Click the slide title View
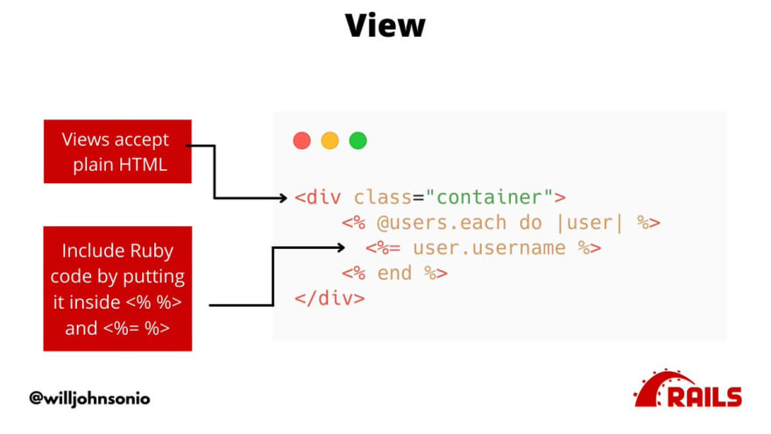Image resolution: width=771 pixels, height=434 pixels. click(x=385, y=25)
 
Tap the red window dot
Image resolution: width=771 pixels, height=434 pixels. click(x=302, y=140)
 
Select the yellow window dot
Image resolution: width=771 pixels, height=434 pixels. click(x=330, y=140)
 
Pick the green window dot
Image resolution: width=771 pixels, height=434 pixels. click(x=358, y=140)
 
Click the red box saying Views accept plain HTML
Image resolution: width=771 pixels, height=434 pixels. click(x=117, y=152)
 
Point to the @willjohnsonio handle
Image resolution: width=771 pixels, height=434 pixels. click(x=89, y=398)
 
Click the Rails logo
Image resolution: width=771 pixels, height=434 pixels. click(x=688, y=388)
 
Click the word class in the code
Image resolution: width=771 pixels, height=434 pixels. click(x=383, y=197)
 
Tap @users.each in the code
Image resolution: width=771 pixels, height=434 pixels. click(x=442, y=223)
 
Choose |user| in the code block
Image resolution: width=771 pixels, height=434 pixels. click(x=590, y=223)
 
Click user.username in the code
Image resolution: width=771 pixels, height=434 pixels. click(x=489, y=248)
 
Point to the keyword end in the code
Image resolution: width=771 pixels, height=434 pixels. click(x=394, y=273)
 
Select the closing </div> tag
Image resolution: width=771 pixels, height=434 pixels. click(x=330, y=299)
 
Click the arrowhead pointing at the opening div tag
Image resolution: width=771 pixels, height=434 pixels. click(x=284, y=198)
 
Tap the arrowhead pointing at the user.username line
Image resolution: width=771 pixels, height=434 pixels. click(x=341, y=247)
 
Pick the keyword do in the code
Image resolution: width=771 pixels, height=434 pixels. click(x=531, y=223)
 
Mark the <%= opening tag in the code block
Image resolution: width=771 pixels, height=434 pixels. click(x=383, y=248)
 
